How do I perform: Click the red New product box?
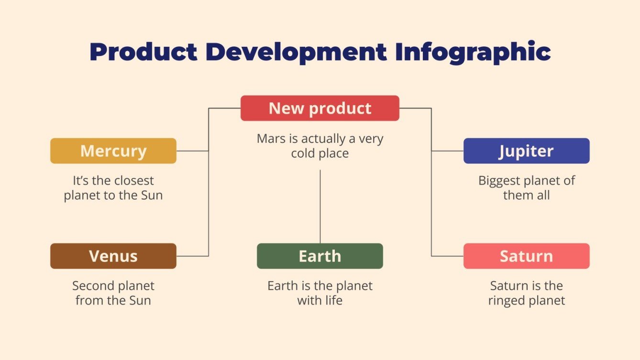(x=320, y=108)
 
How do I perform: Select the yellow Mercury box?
(x=113, y=151)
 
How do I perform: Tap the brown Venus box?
(x=113, y=256)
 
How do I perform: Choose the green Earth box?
(x=320, y=256)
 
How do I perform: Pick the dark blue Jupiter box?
(x=526, y=151)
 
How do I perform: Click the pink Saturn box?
(x=526, y=256)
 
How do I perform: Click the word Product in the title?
(x=143, y=52)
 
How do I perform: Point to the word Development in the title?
(x=296, y=52)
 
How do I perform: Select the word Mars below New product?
(x=271, y=139)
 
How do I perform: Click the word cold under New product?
(x=304, y=153)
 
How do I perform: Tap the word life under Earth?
(x=333, y=301)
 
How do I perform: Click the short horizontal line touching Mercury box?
(x=192, y=151)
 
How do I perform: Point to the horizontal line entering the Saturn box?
(x=447, y=256)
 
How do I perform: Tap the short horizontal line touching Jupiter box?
(x=447, y=151)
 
